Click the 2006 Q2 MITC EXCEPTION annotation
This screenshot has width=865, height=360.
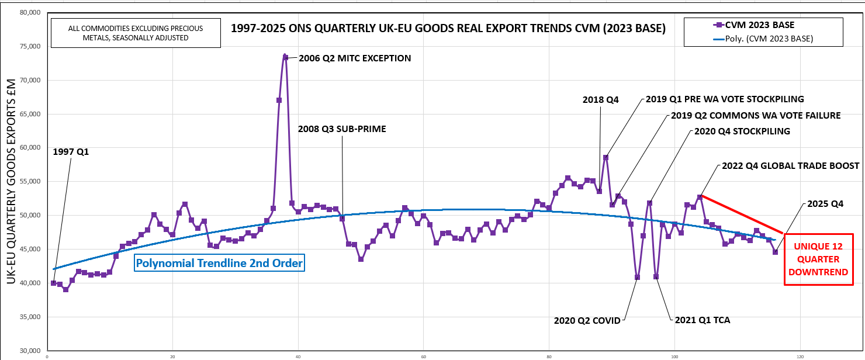(x=355, y=58)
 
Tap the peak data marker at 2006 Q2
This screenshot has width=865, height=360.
(x=285, y=57)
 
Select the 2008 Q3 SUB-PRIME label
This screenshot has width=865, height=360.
(x=342, y=129)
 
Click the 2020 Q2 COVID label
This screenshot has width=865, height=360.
(x=587, y=320)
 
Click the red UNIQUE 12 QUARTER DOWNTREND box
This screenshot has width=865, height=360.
(x=818, y=259)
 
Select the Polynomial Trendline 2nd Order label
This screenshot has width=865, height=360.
(x=219, y=264)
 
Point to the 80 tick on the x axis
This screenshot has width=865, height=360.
(x=549, y=355)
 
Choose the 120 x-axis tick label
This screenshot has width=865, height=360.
(x=800, y=355)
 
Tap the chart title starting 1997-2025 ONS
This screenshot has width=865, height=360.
(x=448, y=27)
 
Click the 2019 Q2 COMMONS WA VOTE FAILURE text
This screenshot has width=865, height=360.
(x=755, y=116)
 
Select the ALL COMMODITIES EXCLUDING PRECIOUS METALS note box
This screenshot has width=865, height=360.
(x=136, y=33)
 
